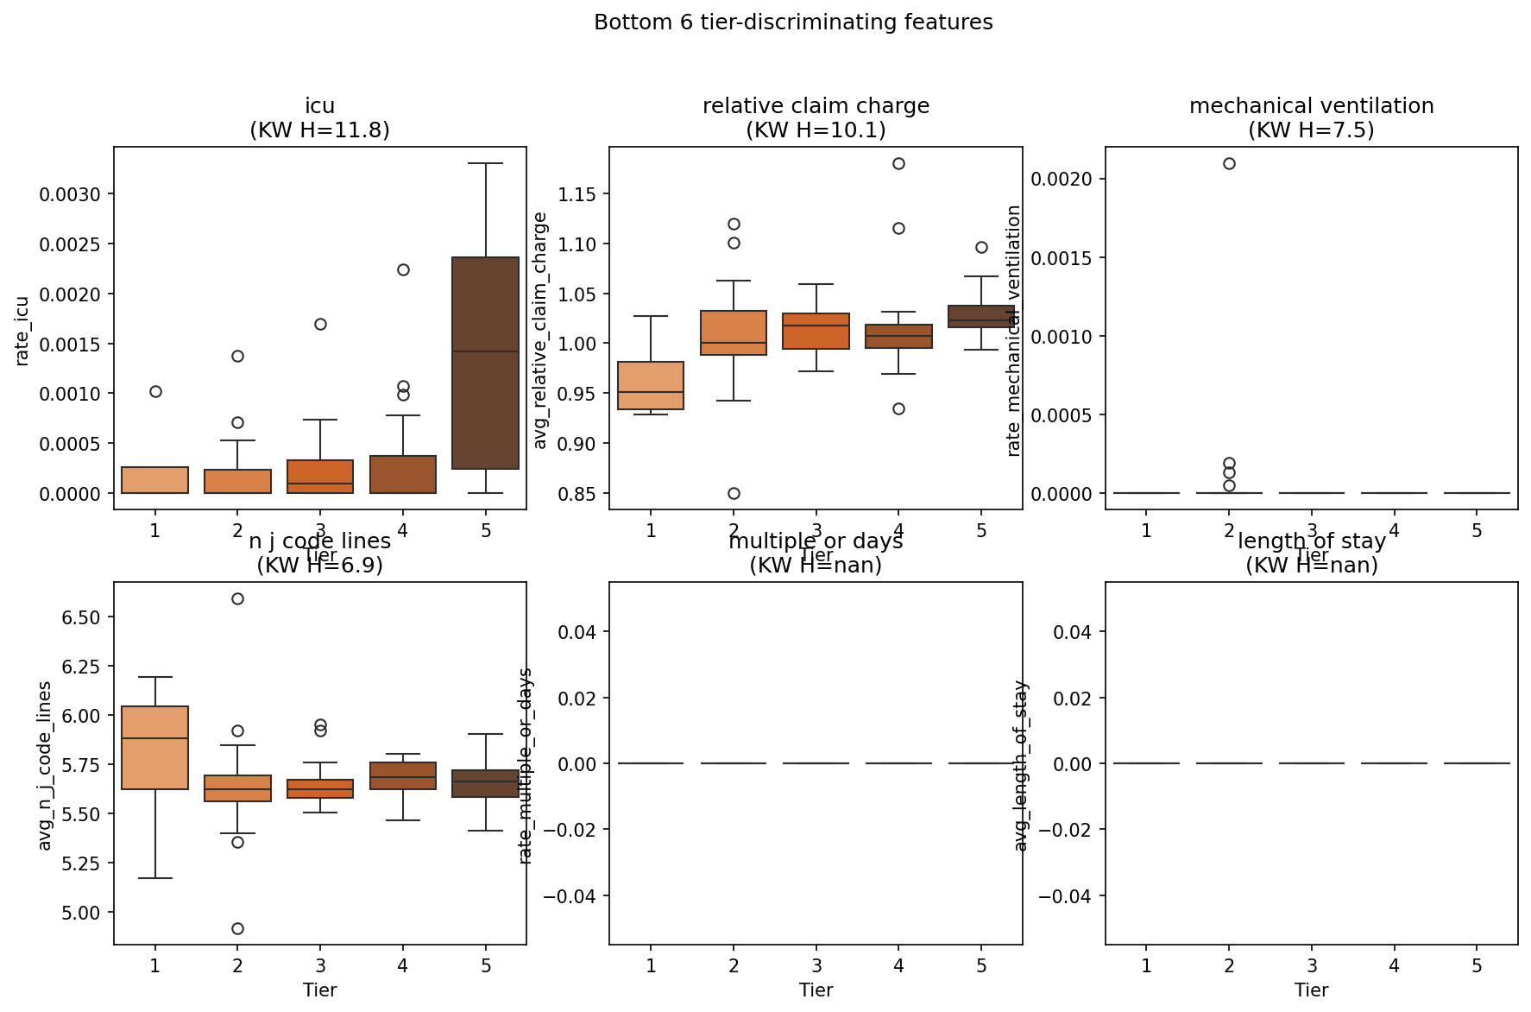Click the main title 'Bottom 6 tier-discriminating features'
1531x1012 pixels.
793,22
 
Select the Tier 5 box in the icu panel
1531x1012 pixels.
486,363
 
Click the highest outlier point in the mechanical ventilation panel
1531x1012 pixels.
1229,163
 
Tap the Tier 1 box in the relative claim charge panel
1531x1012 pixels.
651,385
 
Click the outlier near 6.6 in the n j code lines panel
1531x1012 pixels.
237,598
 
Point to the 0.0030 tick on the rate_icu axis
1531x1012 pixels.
70,194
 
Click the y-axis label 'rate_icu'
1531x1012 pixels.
22,331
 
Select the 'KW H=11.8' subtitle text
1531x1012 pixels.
319,130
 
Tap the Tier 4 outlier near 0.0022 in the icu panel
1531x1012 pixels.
403,269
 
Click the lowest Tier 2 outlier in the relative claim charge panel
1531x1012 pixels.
734,493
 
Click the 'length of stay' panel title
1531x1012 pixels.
1311,541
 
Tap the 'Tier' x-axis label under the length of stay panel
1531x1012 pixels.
1311,990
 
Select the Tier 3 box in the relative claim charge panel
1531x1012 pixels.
816,331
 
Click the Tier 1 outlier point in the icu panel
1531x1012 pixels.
155,391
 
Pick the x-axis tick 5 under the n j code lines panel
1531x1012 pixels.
486,965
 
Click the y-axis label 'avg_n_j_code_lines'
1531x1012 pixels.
45,765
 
